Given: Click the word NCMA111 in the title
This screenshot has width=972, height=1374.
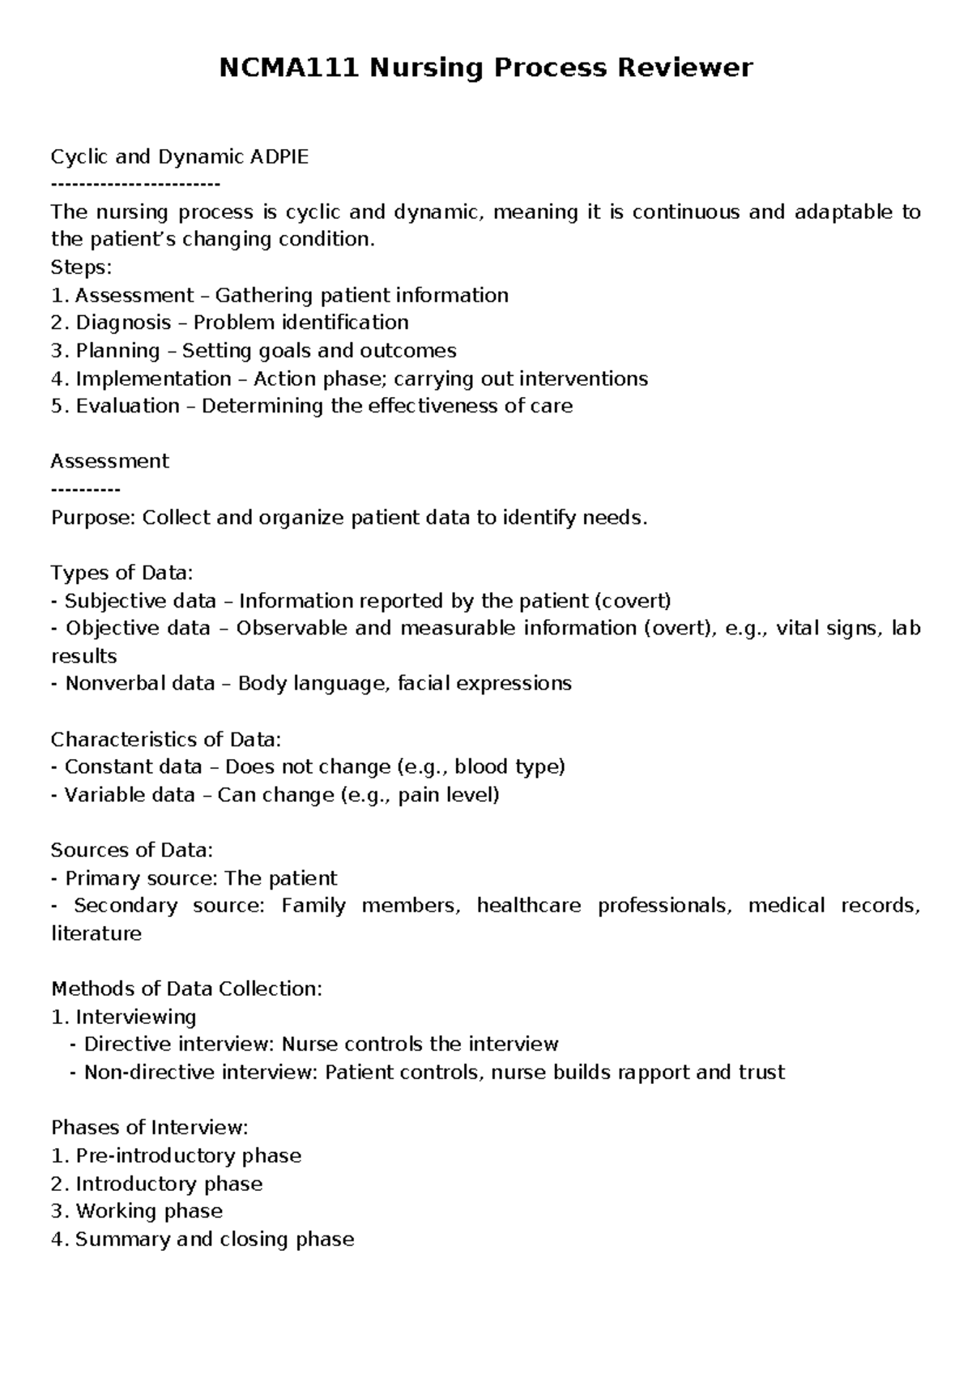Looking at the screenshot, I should coord(289,67).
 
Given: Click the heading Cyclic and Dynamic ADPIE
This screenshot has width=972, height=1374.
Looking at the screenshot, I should coord(180,157).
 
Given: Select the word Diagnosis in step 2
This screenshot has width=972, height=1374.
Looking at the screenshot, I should coord(123,323).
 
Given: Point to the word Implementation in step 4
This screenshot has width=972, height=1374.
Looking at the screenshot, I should coord(153,378).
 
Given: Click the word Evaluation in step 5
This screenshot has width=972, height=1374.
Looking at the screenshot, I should coord(127,406).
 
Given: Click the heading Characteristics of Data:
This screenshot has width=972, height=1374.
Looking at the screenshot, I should coord(166,740).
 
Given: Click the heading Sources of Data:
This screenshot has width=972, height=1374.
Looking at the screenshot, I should coord(132,851).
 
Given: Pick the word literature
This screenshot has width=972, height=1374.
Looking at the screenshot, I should coord(96,934).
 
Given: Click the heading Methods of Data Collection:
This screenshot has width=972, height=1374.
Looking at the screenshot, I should coord(186,989).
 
